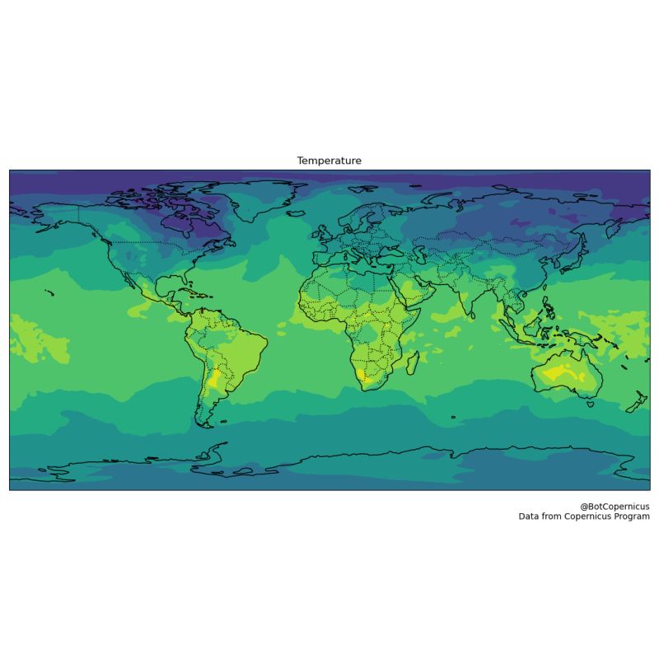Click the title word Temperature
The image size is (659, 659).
tap(329, 161)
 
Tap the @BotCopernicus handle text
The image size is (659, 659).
tap(615, 506)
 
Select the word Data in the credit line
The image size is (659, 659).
tap(529, 516)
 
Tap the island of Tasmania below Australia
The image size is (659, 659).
tap(590, 404)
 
